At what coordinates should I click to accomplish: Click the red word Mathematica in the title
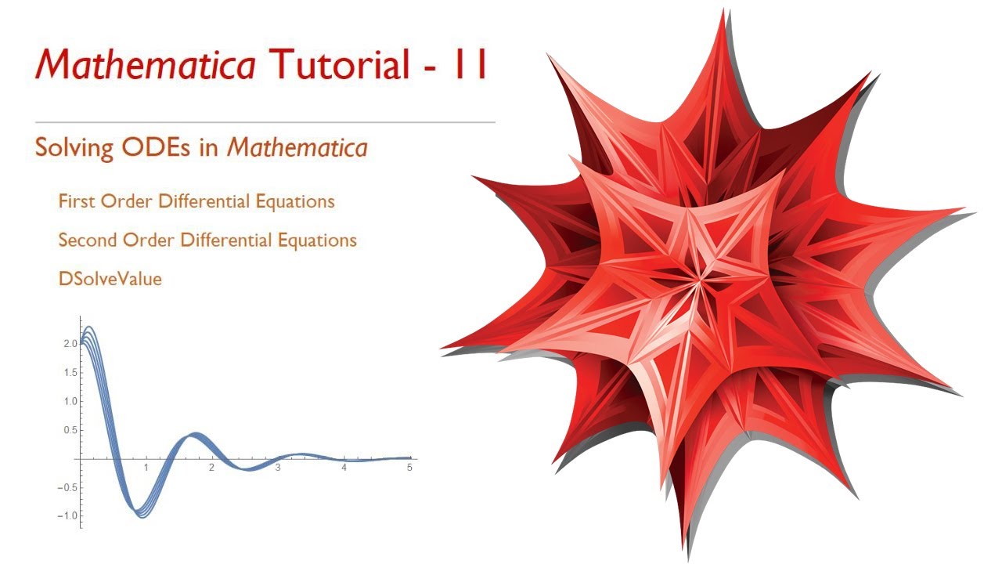click(145, 66)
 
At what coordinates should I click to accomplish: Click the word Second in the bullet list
click(87, 240)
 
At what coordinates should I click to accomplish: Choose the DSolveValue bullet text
click(110, 278)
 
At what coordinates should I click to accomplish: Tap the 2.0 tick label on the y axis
click(70, 344)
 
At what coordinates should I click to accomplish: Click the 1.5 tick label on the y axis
click(70, 373)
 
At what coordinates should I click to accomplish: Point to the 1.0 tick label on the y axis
click(70, 401)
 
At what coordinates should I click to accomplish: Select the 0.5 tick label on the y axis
click(70, 430)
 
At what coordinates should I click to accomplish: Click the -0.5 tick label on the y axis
click(69, 487)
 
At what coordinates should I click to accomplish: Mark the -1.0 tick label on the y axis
click(69, 515)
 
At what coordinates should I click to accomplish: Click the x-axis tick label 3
click(278, 468)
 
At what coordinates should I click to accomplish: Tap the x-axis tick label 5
click(409, 468)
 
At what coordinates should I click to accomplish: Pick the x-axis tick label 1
click(146, 468)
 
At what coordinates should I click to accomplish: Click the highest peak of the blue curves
click(88, 327)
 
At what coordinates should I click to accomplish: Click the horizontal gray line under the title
click(265, 122)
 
